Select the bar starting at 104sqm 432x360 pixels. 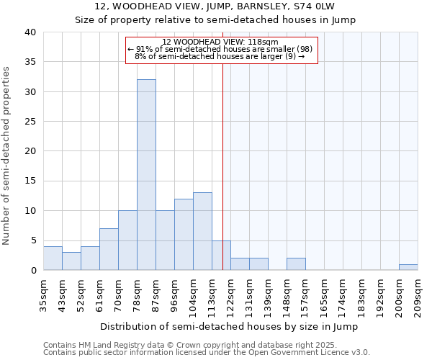coord(202,231)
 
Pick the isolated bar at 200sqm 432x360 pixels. coord(408,267)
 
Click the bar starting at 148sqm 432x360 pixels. coord(296,264)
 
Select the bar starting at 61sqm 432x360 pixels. coord(109,249)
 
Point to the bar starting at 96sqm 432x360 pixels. coord(184,234)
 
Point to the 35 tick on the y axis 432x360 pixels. coord(30,62)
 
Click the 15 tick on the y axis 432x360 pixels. coord(30,181)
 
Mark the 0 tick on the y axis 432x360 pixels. coord(33,270)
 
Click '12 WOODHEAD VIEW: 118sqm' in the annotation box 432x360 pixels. coord(220,42)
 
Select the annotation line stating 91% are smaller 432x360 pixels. coord(219,49)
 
